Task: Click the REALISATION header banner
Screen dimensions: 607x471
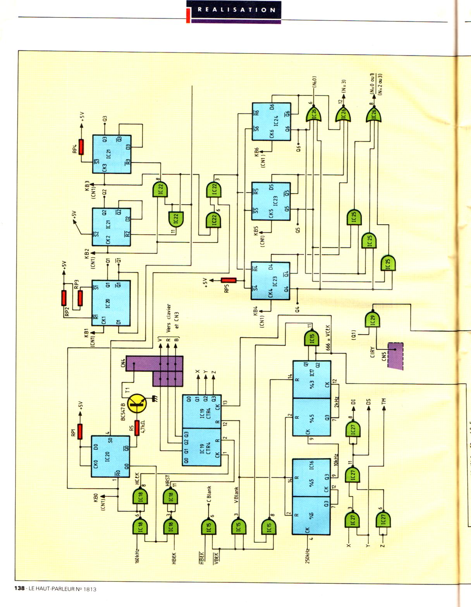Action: point(234,10)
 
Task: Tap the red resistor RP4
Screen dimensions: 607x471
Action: point(81,147)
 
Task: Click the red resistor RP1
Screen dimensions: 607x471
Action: point(80,431)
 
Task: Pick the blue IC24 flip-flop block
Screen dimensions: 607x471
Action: point(271,122)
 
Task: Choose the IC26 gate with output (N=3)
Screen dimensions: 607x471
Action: point(343,115)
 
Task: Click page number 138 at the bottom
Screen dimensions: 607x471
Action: point(19,589)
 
